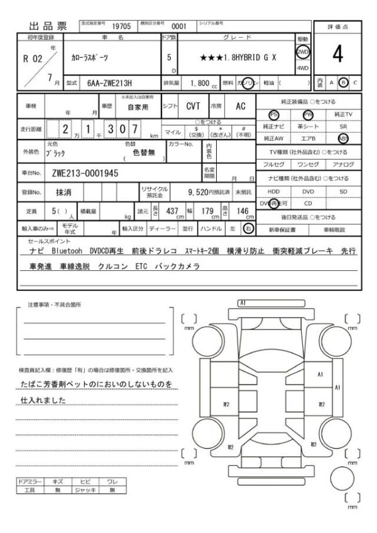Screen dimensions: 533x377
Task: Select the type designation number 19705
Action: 121,27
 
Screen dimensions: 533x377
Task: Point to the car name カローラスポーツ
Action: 89,57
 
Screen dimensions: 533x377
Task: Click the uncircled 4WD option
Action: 303,67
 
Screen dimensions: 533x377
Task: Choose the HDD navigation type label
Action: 273,191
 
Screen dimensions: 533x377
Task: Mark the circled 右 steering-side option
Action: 249,228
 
